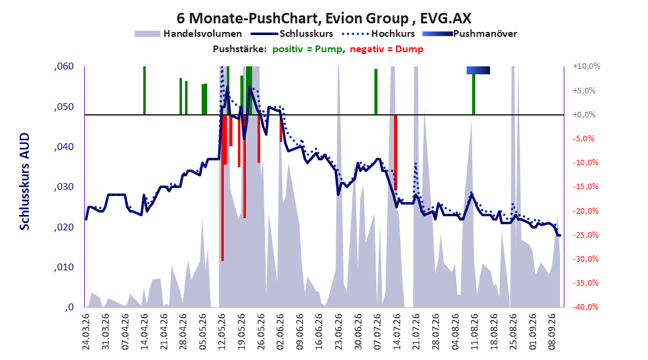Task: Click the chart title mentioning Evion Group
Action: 323,18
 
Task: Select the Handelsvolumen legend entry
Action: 188,34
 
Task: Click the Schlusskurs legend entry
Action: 292,34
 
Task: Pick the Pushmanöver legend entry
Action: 470,34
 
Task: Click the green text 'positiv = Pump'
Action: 307,49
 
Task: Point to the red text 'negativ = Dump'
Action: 387,49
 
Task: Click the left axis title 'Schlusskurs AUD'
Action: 25,181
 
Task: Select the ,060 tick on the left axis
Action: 64,66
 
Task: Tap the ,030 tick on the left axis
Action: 64,187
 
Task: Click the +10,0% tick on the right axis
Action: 587,66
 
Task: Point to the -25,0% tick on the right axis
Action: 585,235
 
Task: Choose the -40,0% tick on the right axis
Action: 585,307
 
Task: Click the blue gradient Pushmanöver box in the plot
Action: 478,70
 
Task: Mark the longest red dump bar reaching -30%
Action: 223,188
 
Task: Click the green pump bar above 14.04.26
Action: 144,90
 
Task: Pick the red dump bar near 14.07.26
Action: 395,152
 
